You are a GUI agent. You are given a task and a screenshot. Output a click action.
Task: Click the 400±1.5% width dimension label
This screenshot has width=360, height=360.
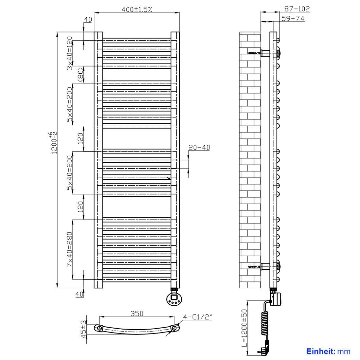click(137, 9)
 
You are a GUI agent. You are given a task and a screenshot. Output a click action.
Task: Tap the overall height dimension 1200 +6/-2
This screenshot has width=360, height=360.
click(53, 143)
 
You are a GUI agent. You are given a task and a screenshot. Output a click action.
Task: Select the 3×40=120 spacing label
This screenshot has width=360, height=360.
click(70, 53)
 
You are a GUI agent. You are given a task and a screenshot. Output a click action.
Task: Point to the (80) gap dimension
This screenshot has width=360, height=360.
click(81, 74)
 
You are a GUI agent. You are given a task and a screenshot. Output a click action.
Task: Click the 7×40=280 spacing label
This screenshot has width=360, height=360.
click(70, 249)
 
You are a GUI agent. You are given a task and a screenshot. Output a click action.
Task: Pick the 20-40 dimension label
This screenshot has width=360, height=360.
click(199, 147)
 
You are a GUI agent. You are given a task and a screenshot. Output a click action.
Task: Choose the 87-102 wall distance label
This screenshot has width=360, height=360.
click(297, 9)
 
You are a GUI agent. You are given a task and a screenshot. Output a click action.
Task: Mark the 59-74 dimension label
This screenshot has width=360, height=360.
click(293, 18)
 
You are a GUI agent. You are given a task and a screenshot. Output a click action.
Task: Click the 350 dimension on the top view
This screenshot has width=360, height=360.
click(137, 314)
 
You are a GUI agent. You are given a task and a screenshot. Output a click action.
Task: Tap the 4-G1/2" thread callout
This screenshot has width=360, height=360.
click(197, 317)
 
